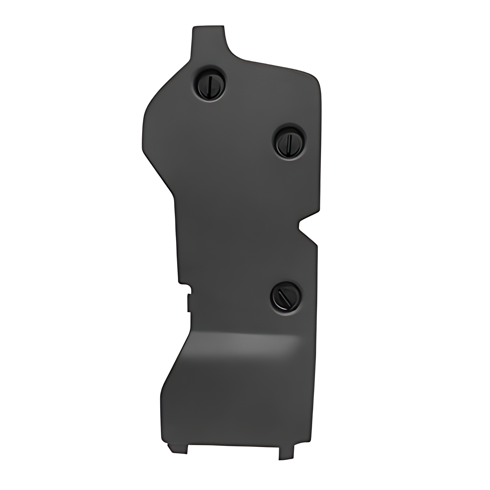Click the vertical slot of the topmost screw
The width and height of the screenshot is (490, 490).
tap(209, 87)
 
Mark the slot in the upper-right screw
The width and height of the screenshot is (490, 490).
tap(289, 142)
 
